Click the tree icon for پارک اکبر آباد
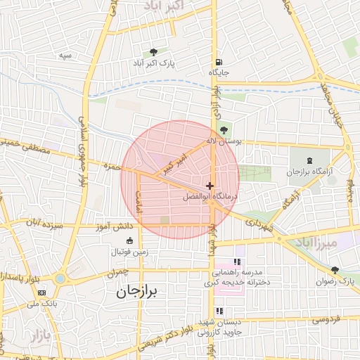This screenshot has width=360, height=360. [x=153, y=52]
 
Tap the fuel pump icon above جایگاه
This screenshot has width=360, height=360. [x=219, y=62]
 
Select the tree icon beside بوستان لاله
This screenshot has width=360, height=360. [x=224, y=129]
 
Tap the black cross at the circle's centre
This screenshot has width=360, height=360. [x=210, y=185]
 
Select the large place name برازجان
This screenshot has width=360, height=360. [x=139, y=292]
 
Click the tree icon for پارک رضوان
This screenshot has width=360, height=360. [x=335, y=269]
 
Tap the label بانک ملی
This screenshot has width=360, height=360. [x=41, y=304]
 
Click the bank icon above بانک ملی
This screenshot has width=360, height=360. [x=42, y=292]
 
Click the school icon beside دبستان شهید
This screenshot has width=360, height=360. [x=219, y=311]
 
